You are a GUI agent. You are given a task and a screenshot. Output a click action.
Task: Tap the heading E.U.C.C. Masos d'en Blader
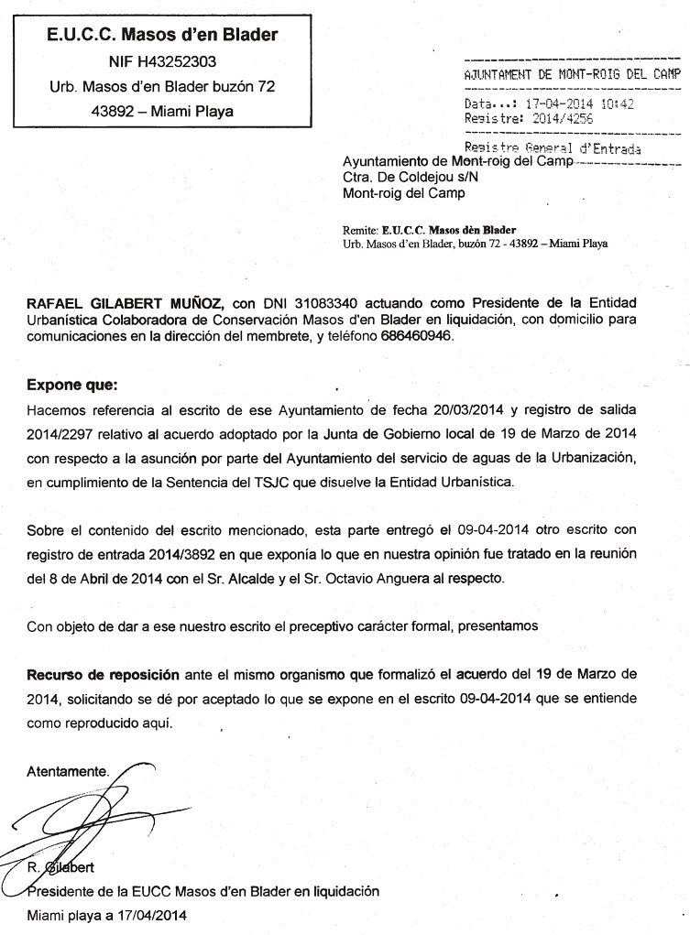point(162,36)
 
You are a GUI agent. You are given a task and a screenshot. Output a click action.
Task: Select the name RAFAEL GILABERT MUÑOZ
point(125,303)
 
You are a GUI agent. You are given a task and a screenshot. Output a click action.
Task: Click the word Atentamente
point(68,771)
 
